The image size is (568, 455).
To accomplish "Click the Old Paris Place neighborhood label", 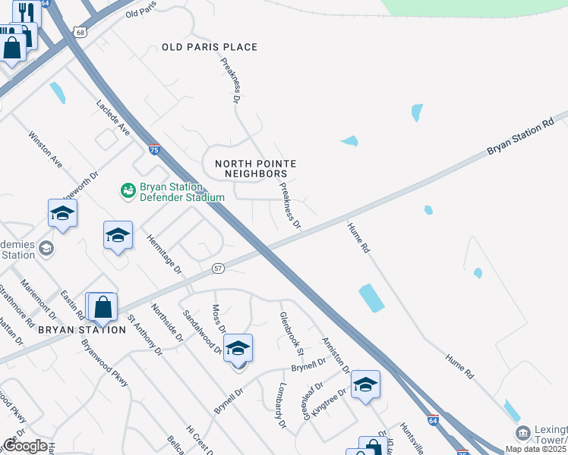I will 210,47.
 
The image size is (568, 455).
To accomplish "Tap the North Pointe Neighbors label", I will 255,168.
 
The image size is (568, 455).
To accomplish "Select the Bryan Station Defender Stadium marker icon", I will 128,190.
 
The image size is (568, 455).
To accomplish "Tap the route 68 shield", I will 80,32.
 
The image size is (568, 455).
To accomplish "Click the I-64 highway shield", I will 432,419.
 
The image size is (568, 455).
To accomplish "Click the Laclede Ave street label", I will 113,118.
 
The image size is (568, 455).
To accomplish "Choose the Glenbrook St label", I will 292,334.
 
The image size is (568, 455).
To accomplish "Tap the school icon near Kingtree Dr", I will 365,384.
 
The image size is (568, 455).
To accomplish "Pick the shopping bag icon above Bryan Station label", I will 103,307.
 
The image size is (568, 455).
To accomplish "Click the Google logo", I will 25,447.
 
